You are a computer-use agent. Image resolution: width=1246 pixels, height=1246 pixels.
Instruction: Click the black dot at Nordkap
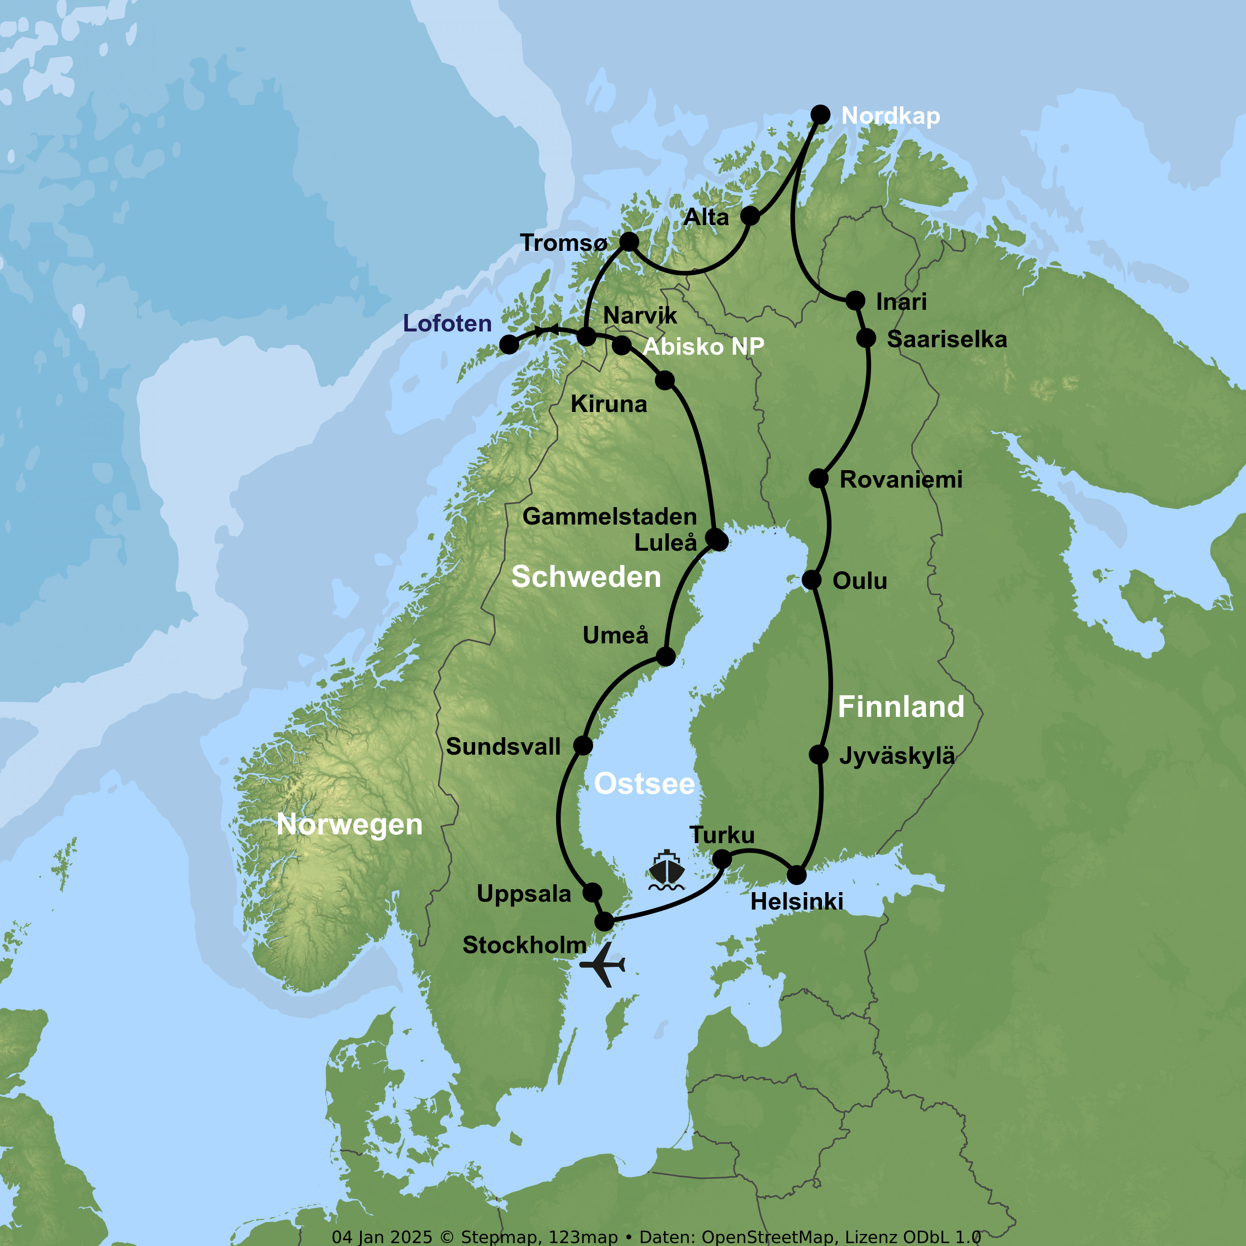pyautogui.click(x=820, y=115)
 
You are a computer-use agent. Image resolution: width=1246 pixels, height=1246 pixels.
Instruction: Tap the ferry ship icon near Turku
pyautogui.click(x=666, y=871)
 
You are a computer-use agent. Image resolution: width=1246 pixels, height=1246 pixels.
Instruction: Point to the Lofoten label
pyautogui.click(x=447, y=324)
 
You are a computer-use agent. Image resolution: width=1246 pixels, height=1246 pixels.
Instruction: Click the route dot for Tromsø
pyautogui.click(x=629, y=242)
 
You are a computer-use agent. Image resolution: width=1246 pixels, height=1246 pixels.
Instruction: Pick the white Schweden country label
pyautogui.click(x=586, y=576)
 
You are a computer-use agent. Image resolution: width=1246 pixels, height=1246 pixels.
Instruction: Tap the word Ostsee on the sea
pyautogui.click(x=644, y=784)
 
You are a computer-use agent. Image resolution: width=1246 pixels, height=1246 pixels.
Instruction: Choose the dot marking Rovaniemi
pyautogui.click(x=818, y=478)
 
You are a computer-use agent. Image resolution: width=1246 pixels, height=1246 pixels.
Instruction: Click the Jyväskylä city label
pyautogui.click(x=896, y=756)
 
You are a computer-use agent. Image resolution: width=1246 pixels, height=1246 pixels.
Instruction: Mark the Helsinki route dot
pyautogui.click(x=797, y=875)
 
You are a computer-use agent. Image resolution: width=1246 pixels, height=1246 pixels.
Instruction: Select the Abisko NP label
pyautogui.click(x=703, y=347)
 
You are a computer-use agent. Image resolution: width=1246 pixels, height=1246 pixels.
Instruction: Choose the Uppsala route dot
pyautogui.click(x=592, y=893)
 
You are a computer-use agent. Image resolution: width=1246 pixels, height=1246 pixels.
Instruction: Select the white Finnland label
pyautogui.click(x=900, y=707)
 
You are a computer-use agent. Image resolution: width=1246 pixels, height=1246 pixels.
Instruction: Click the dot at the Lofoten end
pyautogui.click(x=509, y=344)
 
